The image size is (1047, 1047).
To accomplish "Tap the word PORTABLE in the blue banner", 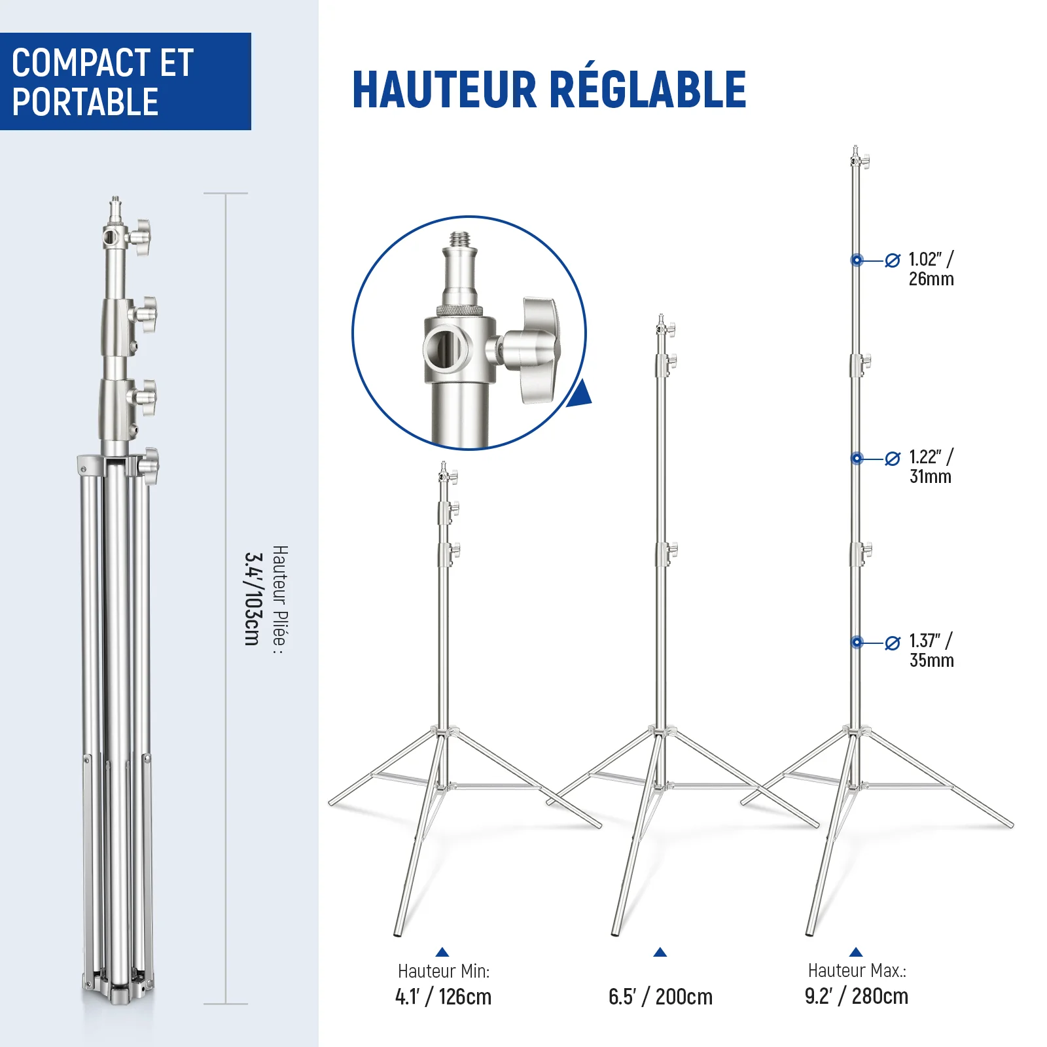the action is (x=85, y=102).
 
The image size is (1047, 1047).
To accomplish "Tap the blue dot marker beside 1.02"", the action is (x=857, y=260).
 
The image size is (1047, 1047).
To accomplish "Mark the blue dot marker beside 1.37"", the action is (x=857, y=643).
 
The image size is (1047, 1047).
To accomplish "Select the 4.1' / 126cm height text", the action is (x=443, y=997).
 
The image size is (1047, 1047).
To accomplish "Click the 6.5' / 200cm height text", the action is (x=660, y=997).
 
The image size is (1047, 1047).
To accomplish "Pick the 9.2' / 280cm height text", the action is (x=857, y=996).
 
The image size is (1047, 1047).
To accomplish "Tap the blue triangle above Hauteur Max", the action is (x=856, y=952).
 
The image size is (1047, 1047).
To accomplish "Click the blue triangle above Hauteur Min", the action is (x=442, y=952).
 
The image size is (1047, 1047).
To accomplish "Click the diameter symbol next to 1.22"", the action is (x=893, y=459).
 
